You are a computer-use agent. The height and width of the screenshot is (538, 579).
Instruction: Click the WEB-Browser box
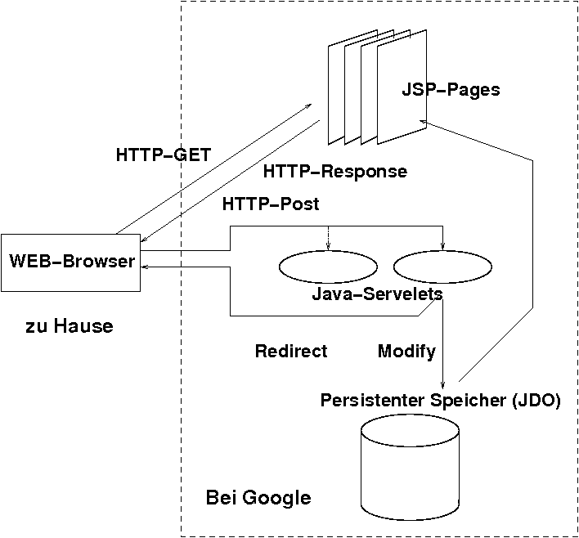pyautogui.click(x=70, y=262)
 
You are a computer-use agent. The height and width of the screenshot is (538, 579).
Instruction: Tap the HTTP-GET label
pyautogui.click(x=164, y=154)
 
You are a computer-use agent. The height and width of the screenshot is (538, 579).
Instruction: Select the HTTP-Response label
pyautogui.click(x=335, y=172)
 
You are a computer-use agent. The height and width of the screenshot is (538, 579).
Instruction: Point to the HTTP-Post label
pyautogui.click(x=271, y=203)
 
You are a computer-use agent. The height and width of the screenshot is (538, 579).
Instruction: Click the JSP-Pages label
pyautogui.click(x=451, y=89)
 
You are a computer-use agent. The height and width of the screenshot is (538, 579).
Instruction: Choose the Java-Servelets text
pyautogui.click(x=378, y=294)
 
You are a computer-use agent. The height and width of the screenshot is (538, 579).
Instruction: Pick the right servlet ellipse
pyautogui.click(x=442, y=267)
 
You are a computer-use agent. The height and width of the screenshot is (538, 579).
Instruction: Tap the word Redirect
pyautogui.click(x=291, y=352)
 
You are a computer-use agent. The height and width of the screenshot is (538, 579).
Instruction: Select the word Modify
pyautogui.click(x=406, y=352)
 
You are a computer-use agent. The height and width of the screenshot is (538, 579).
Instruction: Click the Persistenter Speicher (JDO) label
pyautogui.click(x=441, y=401)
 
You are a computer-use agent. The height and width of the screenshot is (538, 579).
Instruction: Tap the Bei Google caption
pyautogui.click(x=258, y=497)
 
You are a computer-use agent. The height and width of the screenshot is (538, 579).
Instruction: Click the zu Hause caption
pyautogui.click(x=70, y=327)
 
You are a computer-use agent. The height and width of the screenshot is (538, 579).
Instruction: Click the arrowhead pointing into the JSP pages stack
pyautogui.click(x=424, y=121)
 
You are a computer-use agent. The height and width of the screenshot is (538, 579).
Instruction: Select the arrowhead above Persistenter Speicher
pyautogui.click(x=442, y=385)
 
